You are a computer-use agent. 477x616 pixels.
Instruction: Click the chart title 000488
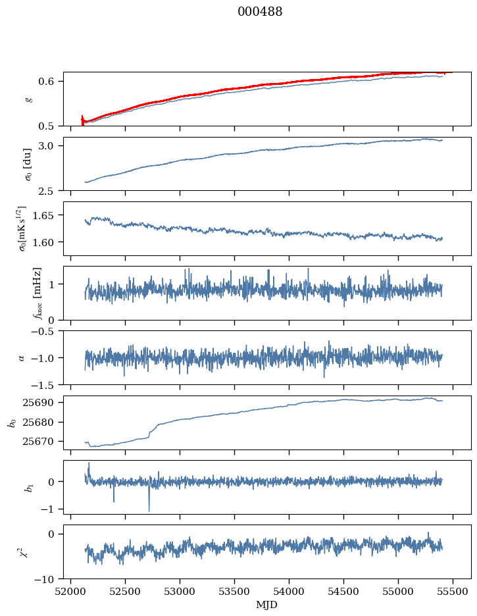pos(260,12)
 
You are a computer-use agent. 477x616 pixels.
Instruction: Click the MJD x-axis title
pos(266,605)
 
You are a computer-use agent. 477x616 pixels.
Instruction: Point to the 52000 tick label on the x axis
pos(72,592)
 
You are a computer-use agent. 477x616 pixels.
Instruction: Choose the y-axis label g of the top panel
pos(28,99)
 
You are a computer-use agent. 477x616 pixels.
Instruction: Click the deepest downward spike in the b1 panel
pos(149,511)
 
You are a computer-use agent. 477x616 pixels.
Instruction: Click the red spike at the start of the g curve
pos(82,120)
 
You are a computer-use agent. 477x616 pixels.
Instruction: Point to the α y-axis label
pos(21,357)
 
